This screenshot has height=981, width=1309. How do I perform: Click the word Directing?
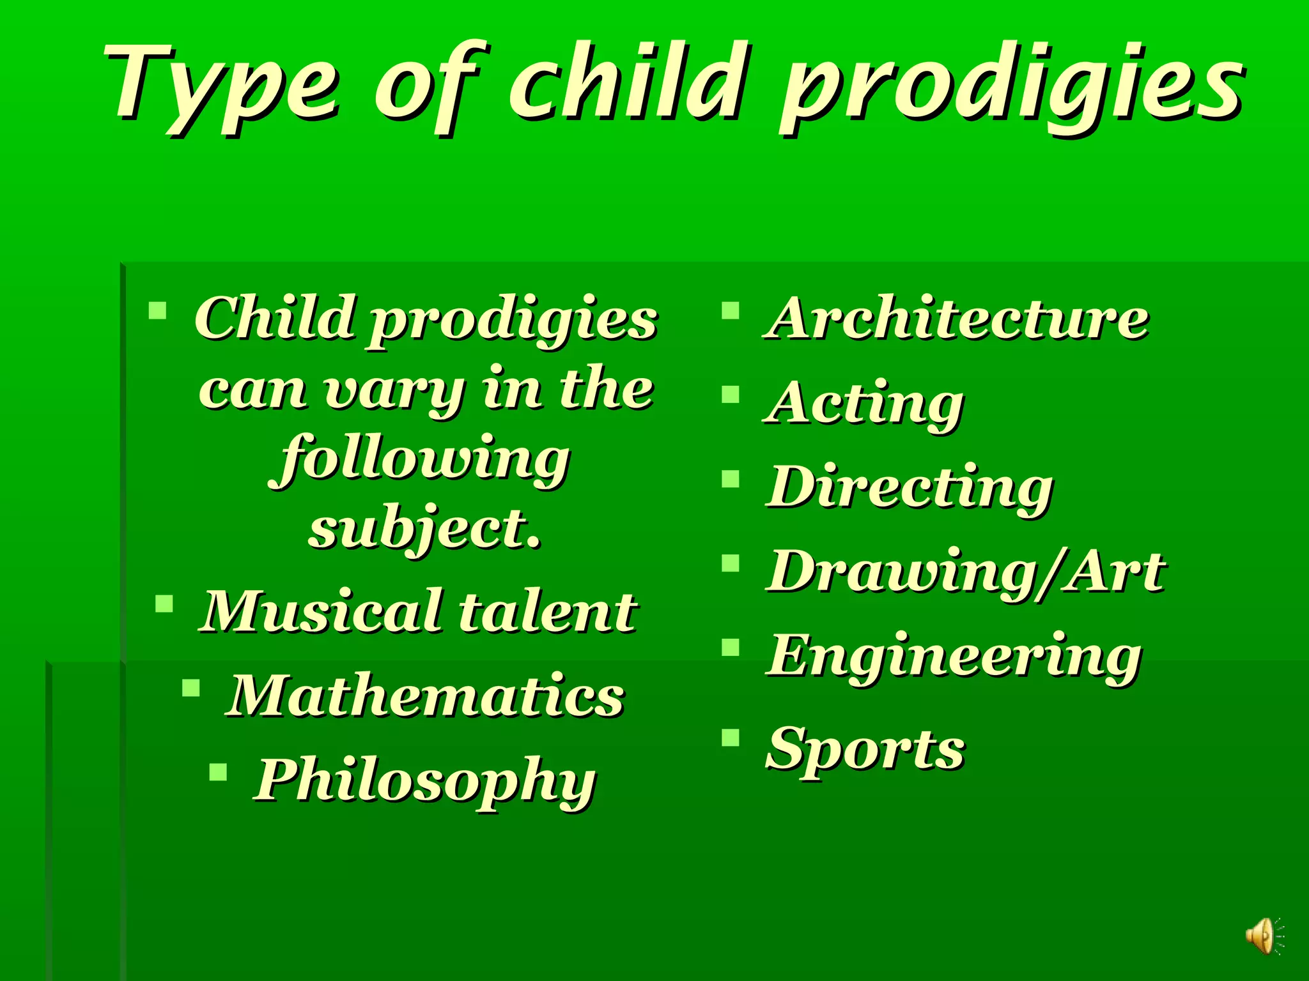click(x=909, y=489)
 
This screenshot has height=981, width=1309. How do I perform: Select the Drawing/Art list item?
click(x=965, y=572)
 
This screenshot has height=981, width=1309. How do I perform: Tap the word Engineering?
click(x=954, y=657)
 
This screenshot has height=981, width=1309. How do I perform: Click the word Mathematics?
click(x=425, y=696)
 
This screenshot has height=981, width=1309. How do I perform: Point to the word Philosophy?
click(x=425, y=781)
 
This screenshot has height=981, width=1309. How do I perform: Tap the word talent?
click(x=548, y=612)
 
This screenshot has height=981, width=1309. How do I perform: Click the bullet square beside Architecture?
click(x=730, y=311)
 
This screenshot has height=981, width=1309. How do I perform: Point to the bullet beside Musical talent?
click(x=164, y=604)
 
